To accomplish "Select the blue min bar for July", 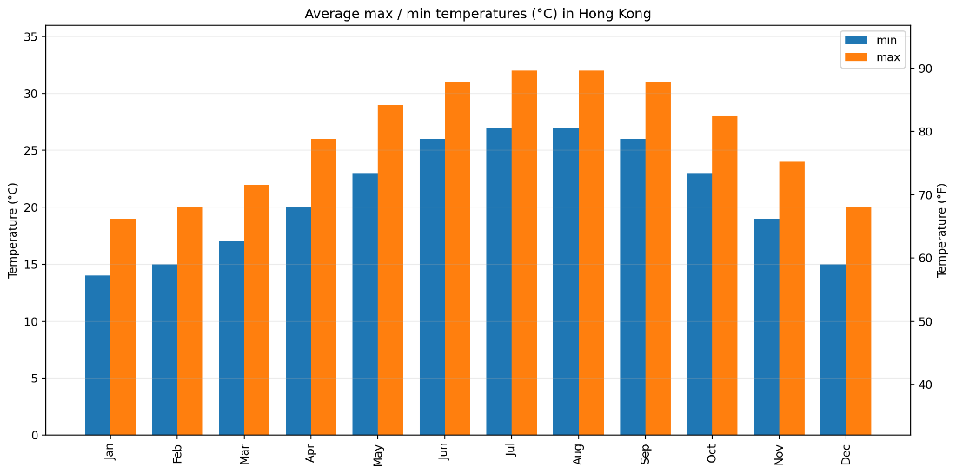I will tap(499, 281).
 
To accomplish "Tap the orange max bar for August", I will tap(591, 253).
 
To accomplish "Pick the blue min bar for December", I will tap(833, 349).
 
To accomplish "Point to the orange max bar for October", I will tap(725, 275).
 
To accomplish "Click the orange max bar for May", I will tap(390, 270).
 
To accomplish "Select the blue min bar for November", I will tap(766, 326).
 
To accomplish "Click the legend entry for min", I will tap(873, 40).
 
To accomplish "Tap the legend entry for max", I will tap(873, 57).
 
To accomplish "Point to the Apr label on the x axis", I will tap(311, 452).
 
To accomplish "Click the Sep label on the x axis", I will tap(646, 452).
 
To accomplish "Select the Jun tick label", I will tap(445, 452).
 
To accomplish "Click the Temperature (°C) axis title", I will tap(12, 230).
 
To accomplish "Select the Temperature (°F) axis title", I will tap(942, 230).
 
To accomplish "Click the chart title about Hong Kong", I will tap(477, 14).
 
